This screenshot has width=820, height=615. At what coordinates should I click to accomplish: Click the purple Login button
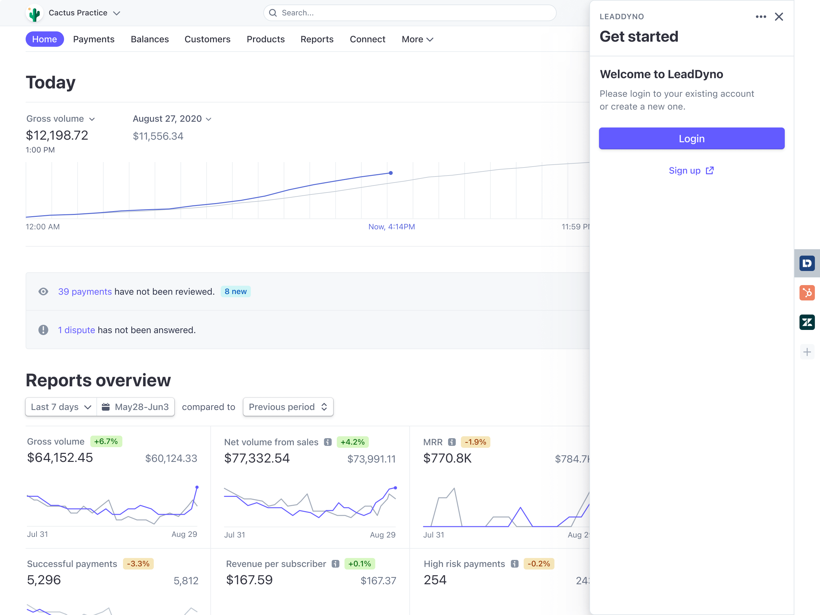coord(691,139)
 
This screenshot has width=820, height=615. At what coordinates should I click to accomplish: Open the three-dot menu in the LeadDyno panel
coord(761,17)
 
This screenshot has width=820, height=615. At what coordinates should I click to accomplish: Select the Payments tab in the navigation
coord(94,39)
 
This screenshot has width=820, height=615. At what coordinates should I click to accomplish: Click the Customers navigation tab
coord(207,39)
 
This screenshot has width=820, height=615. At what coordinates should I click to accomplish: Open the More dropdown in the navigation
coord(417,39)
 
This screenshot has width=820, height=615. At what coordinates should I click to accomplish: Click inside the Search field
coord(410,13)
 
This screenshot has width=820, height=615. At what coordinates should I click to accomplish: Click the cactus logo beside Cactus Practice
coord(35,14)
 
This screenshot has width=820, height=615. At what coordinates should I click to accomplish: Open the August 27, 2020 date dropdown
coord(172,119)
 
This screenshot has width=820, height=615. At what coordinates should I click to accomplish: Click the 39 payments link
coord(85,292)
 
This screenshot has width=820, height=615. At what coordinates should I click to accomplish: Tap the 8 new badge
coord(235,292)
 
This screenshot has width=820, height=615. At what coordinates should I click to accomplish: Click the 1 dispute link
coord(76,330)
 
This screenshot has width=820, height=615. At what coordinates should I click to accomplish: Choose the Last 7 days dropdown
coord(61,407)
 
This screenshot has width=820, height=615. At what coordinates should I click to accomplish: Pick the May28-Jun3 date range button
coord(136,407)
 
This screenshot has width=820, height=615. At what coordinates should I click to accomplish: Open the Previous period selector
coord(288,407)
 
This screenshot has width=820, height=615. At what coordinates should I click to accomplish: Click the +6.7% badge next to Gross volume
coord(106,441)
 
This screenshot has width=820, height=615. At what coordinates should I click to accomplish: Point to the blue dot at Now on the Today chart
coord(391,173)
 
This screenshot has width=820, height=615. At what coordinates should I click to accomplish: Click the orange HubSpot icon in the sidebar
coord(807,293)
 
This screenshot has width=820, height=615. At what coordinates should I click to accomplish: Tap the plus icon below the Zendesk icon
coord(807,352)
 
